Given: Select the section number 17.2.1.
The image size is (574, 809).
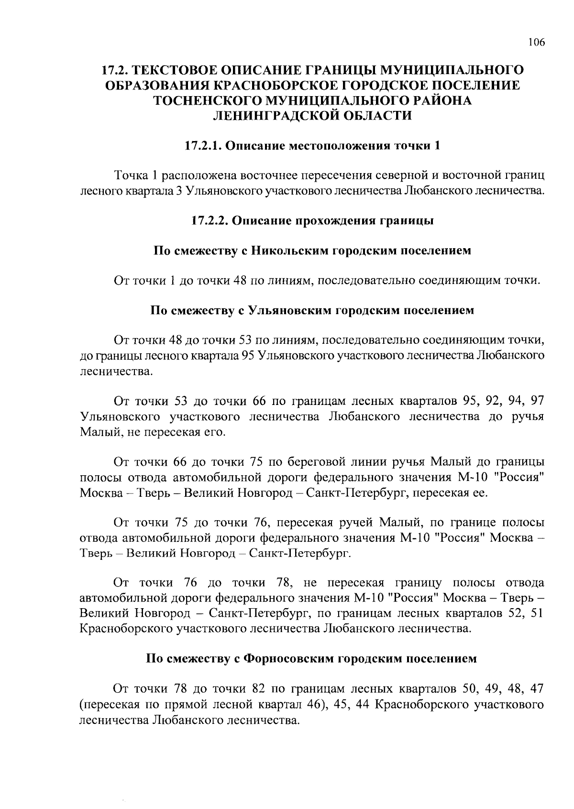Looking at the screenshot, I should coord(203,146).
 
